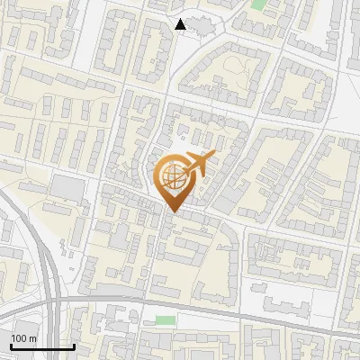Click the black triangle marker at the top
(x=181, y=24)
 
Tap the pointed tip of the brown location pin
(x=172, y=211)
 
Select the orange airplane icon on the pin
(x=199, y=165)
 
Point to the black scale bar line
(x=41, y=346)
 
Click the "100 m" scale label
(x=24, y=338)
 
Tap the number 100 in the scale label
(x=20, y=338)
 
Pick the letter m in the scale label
(x=32, y=338)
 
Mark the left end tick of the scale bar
(x=11, y=345)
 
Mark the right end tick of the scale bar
(x=73, y=345)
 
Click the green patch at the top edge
(x=259, y=4)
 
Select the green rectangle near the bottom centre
(x=164, y=319)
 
